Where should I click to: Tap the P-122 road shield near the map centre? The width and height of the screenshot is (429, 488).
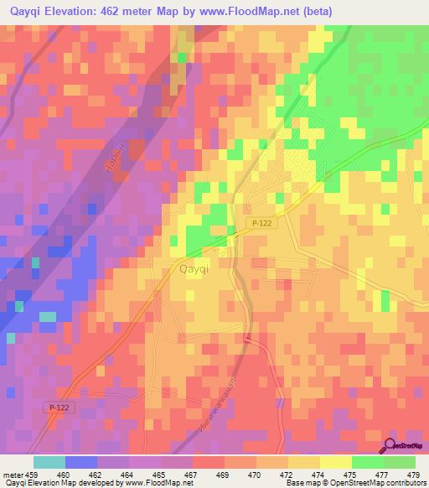[259, 222]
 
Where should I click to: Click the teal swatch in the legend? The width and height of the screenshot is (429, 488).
[49, 462]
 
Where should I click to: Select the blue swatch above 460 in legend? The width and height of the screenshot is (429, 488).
[81, 462]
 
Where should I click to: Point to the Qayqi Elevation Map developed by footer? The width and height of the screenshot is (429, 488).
[59, 483]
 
